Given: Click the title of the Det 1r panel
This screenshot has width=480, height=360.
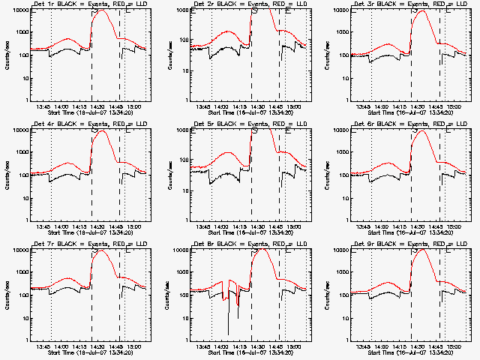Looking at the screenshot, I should [87, 5].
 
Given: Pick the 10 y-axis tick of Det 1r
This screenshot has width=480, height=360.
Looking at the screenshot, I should [19, 77].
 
